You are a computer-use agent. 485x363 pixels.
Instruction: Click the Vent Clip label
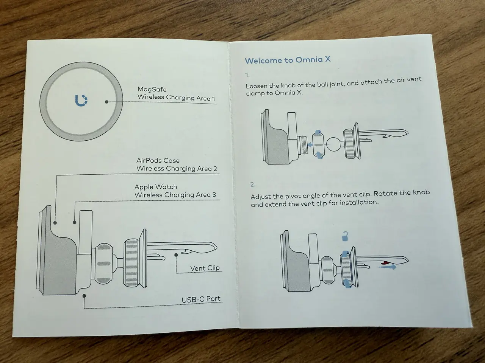205,268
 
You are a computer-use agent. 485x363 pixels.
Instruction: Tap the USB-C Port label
201,299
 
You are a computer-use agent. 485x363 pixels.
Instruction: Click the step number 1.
247,75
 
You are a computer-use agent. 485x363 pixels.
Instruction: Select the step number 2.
253,185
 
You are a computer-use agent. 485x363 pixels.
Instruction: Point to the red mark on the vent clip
386,262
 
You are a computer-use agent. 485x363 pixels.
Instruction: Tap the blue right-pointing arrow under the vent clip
386,267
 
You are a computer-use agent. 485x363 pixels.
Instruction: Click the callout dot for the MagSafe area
107,102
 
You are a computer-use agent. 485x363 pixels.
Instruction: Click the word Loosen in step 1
257,86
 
